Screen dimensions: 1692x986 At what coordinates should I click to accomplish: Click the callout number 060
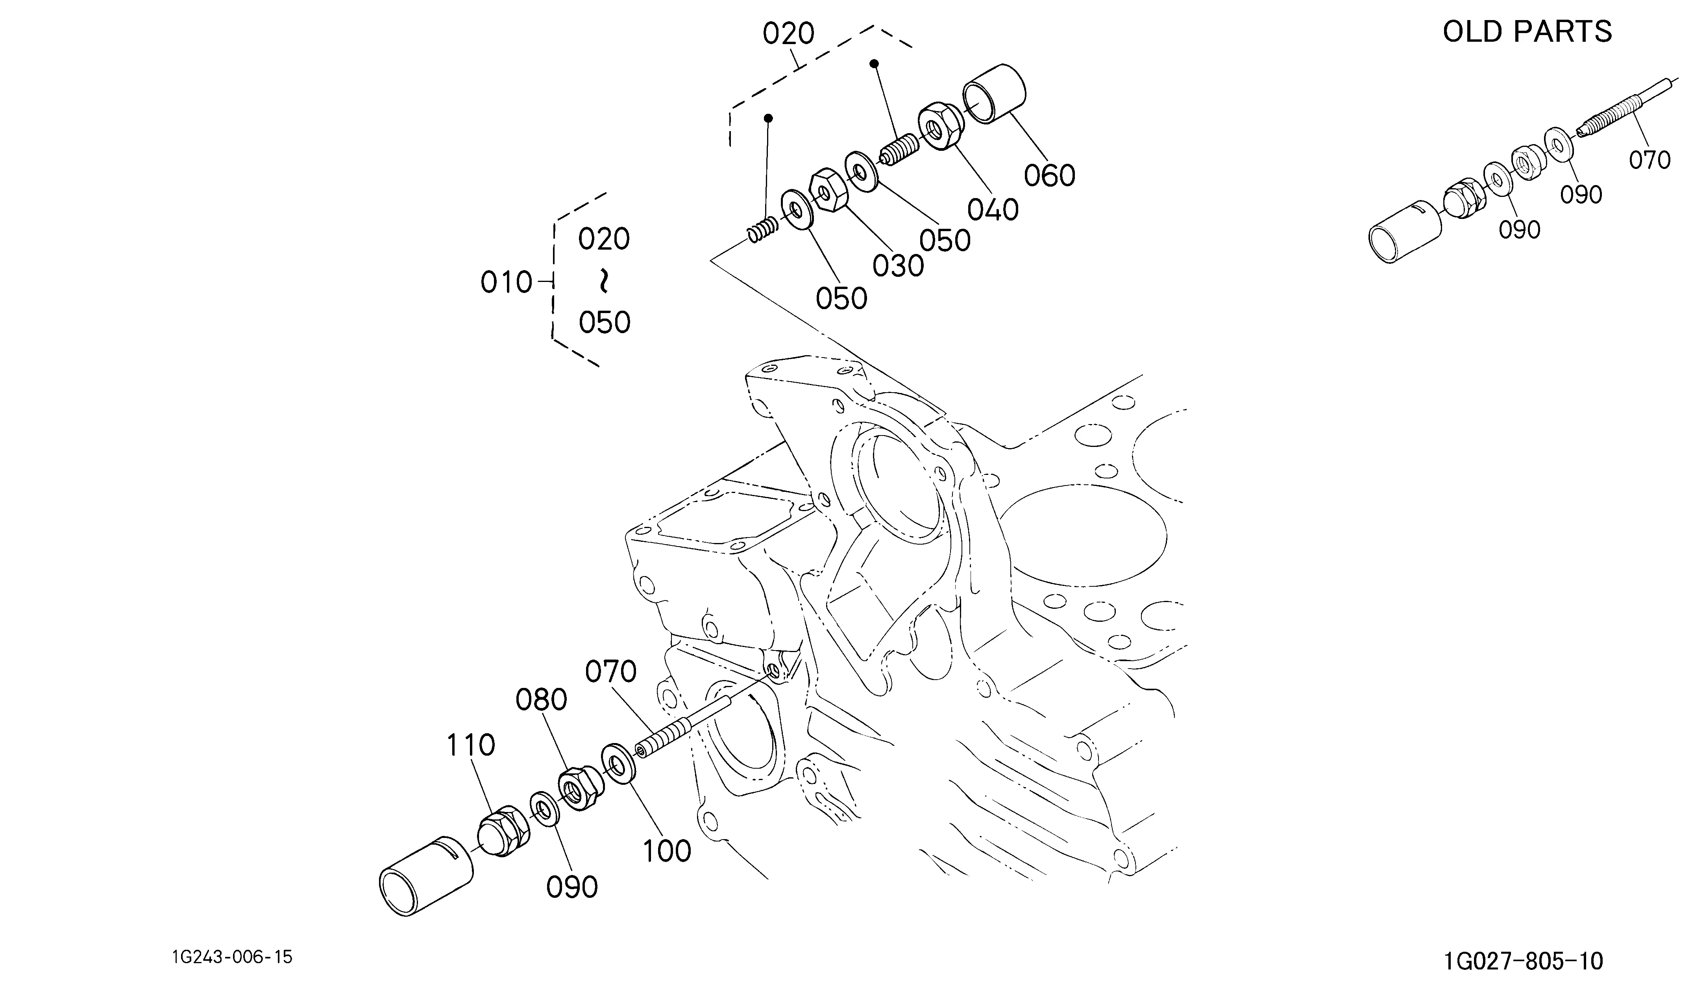[1049, 176]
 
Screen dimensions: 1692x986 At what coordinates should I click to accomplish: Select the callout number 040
[993, 210]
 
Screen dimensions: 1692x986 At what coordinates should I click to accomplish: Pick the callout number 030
[899, 267]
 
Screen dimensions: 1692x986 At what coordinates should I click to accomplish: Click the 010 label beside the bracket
[506, 283]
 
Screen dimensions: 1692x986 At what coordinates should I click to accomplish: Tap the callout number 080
[541, 701]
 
